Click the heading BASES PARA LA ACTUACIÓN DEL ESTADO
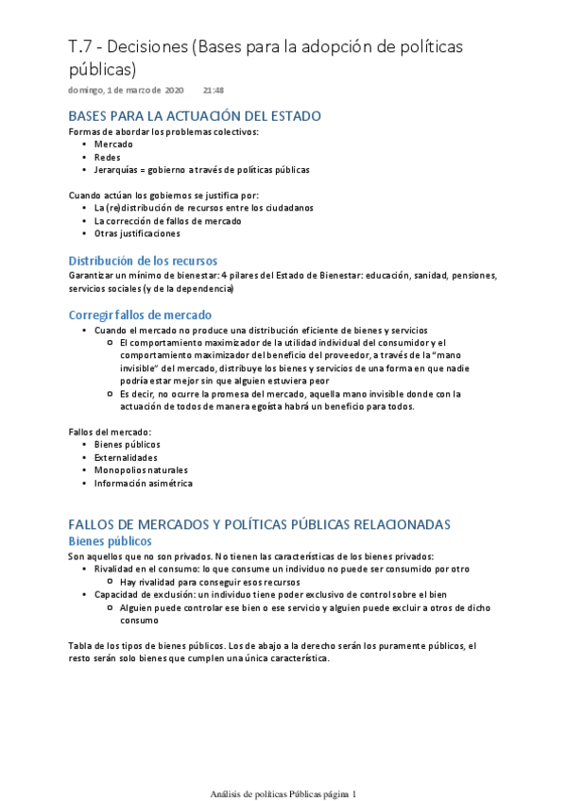point(195,116)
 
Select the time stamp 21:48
point(213,90)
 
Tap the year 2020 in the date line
point(174,90)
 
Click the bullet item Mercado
point(114,145)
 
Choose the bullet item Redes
point(108,157)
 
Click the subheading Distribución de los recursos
point(144,260)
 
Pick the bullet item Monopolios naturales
point(141,469)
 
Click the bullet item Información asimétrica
point(143,483)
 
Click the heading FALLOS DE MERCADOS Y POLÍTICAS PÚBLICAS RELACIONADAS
point(260,524)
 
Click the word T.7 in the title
point(81,48)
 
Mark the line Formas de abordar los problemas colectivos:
point(163,131)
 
